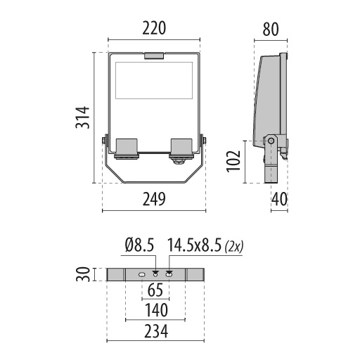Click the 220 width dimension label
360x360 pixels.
click(x=154, y=28)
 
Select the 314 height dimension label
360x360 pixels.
click(x=82, y=117)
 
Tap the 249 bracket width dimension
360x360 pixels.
click(x=154, y=199)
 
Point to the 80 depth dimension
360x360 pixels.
click(x=271, y=30)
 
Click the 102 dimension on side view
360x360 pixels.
click(x=233, y=161)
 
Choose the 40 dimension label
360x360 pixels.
click(x=279, y=199)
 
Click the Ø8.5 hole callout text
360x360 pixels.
click(x=139, y=245)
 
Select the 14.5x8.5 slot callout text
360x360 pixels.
click(x=195, y=245)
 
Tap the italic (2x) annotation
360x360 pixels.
click(x=233, y=247)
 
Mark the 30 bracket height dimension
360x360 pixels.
click(x=83, y=274)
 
